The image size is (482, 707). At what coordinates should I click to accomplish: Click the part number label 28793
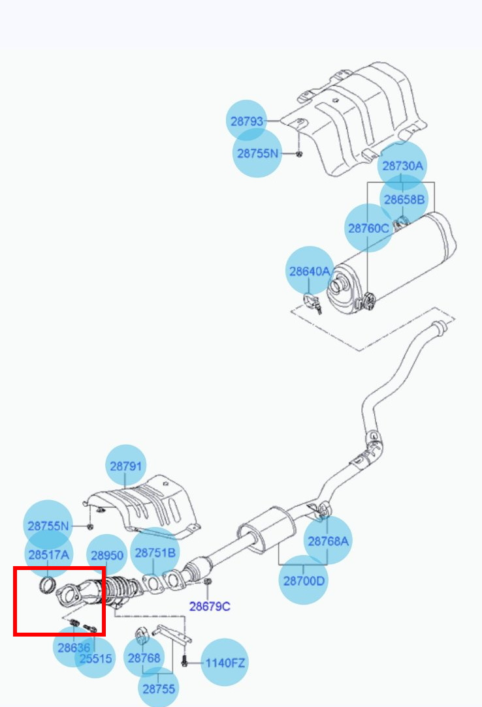tap(247, 121)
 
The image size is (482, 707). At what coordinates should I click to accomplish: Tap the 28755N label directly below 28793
tap(257, 153)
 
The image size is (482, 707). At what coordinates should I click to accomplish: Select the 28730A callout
tap(402, 166)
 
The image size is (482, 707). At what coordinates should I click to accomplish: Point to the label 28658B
tap(404, 199)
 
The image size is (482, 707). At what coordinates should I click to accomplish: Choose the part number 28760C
tap(368, 228)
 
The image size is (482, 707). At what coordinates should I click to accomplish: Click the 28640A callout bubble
tap(310, 271)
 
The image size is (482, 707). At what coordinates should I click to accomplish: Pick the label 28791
tap(125, 466)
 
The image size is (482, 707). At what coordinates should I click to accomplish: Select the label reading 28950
tap(107, 556)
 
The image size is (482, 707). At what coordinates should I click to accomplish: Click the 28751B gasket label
tap(155, 552)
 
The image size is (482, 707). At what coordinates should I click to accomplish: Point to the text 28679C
tap(210, 607)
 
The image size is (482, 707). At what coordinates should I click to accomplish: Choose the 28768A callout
tap(328, 541)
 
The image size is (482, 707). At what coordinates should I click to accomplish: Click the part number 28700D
tap(303, 579)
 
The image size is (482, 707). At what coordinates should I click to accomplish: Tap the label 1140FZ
tap(225, 663)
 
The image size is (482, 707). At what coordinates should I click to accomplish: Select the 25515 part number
tap(95, 659)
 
